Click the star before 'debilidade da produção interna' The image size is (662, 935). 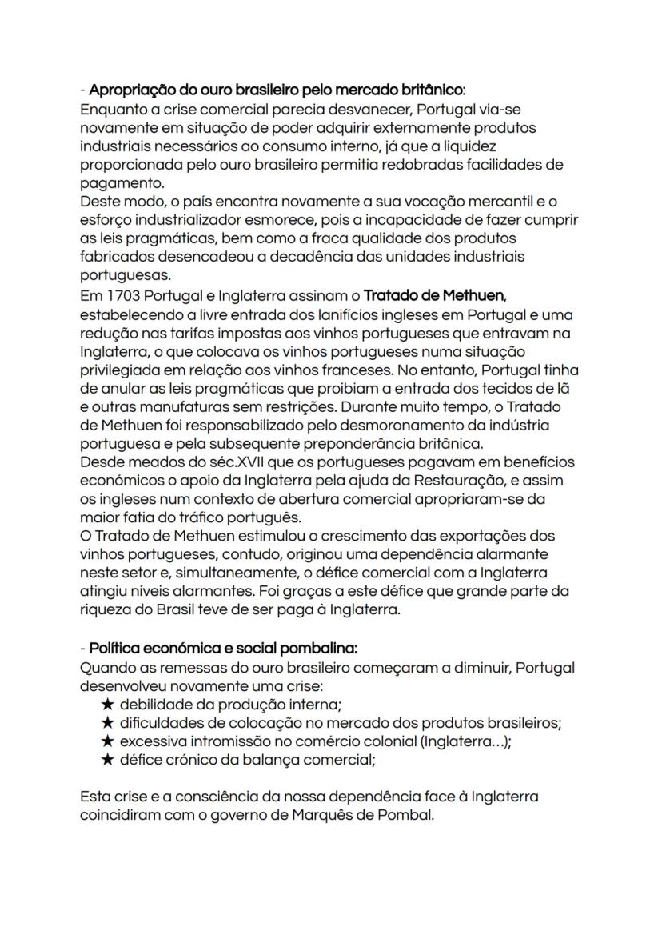click(108, 705)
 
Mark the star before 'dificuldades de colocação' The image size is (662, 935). click(108, 723)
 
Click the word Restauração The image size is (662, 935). click(449, 481)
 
